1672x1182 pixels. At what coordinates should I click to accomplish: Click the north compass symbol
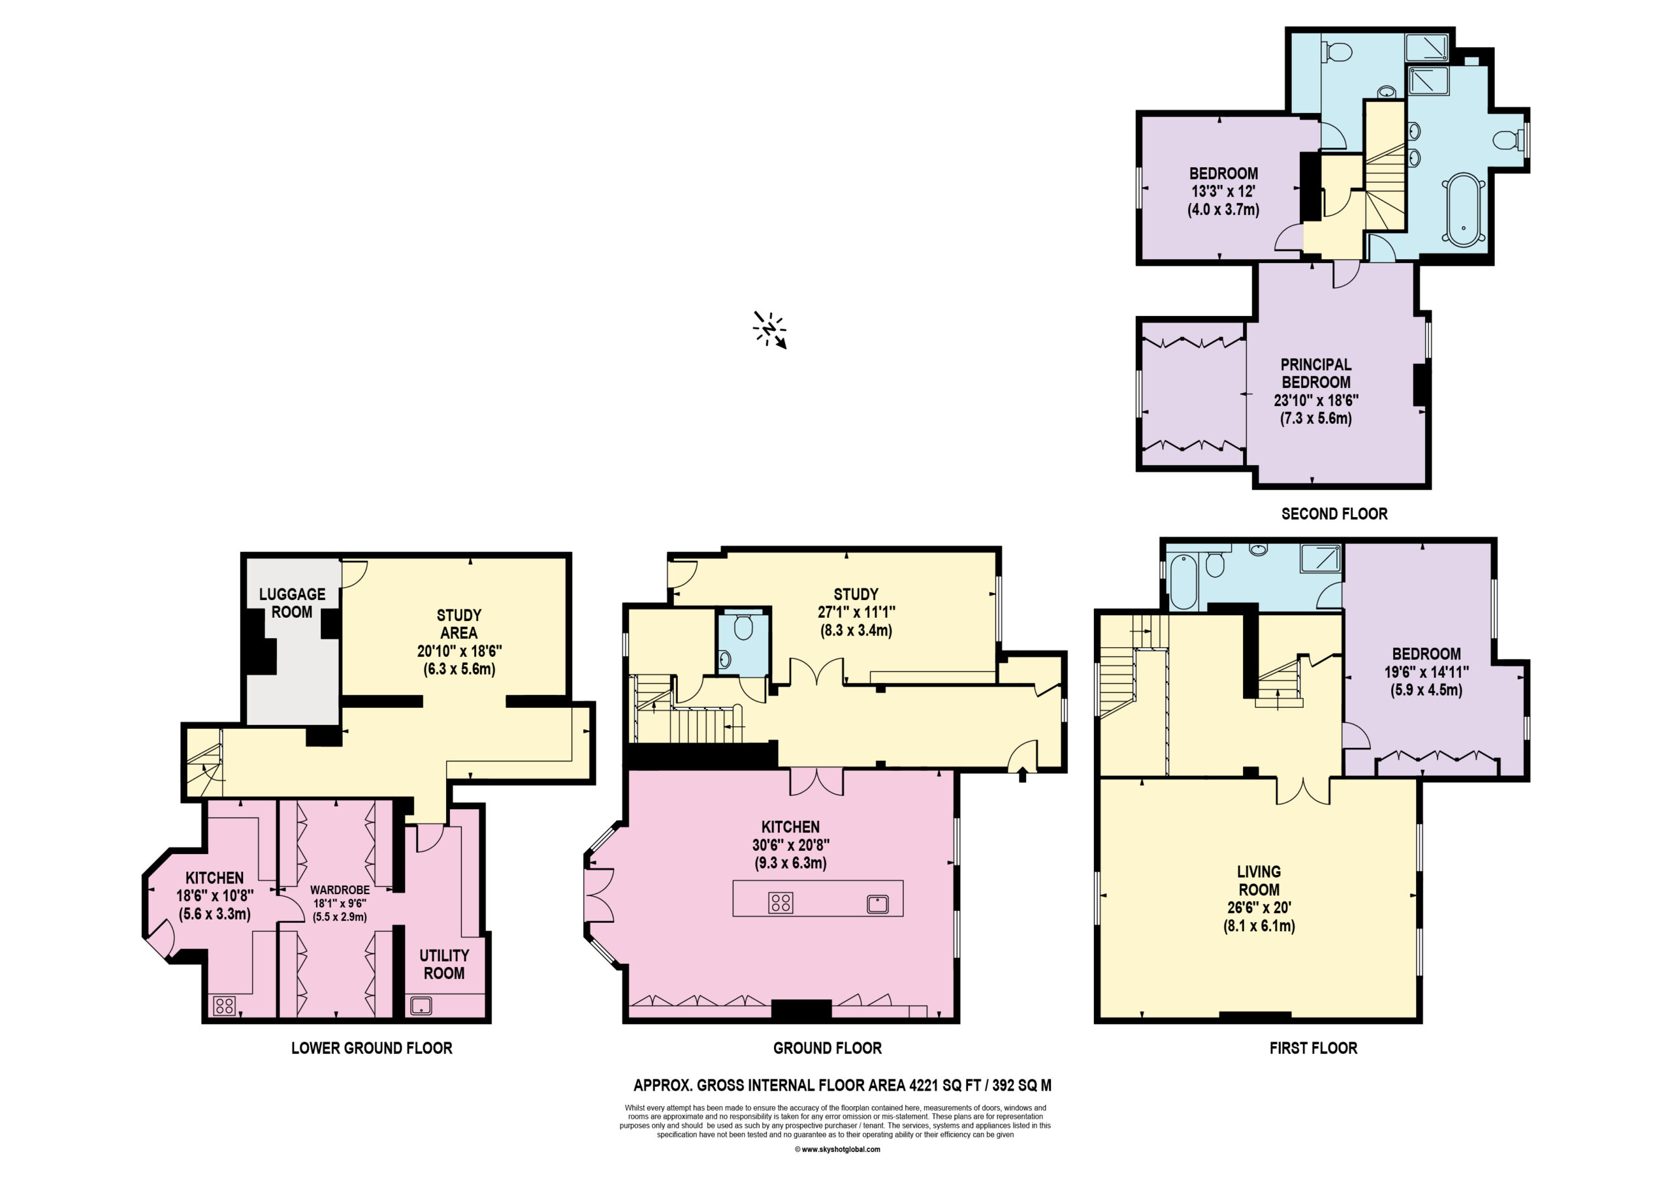point(769,330)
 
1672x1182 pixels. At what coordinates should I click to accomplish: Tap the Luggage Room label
point(292,603)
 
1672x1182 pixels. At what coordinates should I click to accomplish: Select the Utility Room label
point(444,965)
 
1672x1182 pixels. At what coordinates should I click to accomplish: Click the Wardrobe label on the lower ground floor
point(340,890)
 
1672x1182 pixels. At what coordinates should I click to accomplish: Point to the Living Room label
point(1259,880)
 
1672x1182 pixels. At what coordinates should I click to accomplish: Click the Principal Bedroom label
point(1316,373)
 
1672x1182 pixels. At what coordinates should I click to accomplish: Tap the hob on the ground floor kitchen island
point(780,903)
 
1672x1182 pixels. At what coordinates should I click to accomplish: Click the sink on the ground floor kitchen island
point(878,904)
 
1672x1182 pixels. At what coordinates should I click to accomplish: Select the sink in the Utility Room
point(421,1006)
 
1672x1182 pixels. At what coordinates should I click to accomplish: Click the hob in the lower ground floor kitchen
point(224,1006)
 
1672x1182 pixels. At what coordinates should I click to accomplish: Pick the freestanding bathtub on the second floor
point(1463,210)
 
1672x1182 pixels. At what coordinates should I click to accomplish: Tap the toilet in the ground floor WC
point(743,627)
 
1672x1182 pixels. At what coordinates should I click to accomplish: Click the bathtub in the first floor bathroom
point(1183,582)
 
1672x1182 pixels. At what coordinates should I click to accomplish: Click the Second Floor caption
point(1334,514)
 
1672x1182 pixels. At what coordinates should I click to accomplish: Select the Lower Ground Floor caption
point(372,1048)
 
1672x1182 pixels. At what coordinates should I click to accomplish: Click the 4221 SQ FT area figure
point(944,1085)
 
